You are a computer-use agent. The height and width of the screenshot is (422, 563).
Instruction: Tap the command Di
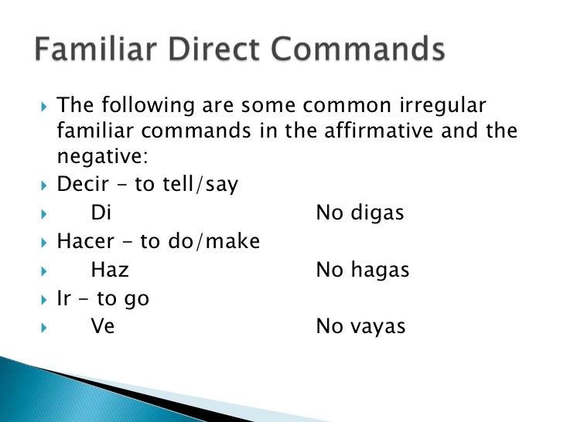101,213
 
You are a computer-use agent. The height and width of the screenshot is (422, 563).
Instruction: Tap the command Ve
103,325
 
